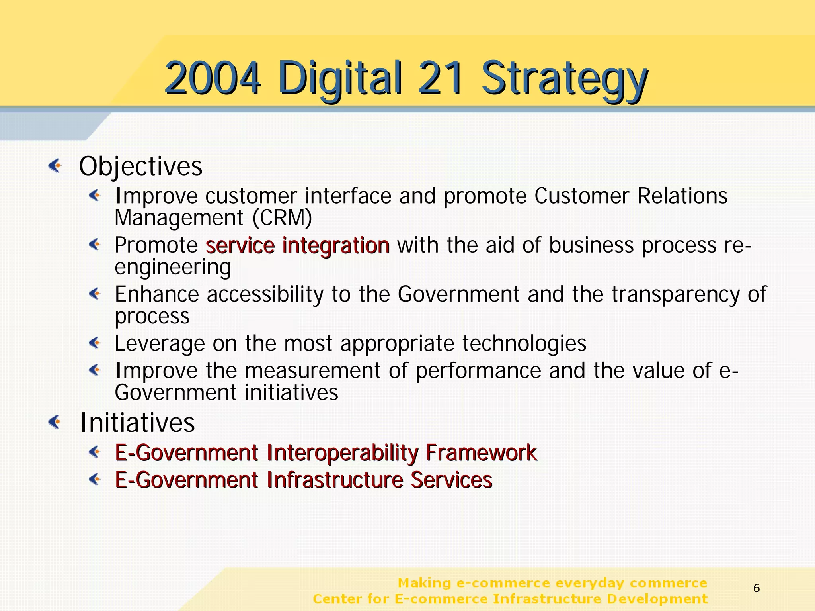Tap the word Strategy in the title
564,79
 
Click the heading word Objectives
141,166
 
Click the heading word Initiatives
137,423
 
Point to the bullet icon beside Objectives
55,165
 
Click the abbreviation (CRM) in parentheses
282,218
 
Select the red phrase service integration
298,245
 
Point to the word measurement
312,371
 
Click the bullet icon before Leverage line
95,342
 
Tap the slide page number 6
757,588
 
